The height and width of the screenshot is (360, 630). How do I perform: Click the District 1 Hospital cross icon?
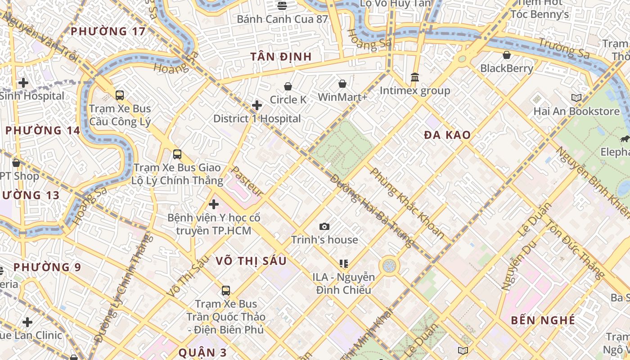257,105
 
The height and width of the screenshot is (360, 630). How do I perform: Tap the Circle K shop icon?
288,86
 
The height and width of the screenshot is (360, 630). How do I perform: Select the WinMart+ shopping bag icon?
342,84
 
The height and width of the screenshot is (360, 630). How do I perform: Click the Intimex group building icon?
415,77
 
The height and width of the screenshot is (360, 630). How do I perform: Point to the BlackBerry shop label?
507,68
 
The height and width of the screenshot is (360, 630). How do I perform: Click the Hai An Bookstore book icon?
576,98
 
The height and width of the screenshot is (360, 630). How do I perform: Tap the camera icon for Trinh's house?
324,226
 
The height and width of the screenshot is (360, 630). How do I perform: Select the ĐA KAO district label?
447,135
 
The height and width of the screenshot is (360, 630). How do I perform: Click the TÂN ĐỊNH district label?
281,57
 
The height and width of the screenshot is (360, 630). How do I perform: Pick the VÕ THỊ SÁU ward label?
251,261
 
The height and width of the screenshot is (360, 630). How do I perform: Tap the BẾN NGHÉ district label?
543,320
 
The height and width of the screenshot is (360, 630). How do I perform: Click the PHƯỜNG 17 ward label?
108,31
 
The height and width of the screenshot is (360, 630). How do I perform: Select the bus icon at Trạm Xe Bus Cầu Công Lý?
120,95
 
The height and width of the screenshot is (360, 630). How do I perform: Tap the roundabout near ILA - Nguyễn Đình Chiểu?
389,265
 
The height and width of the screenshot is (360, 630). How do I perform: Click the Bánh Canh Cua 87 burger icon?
282,6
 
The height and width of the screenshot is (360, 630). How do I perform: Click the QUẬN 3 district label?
202,352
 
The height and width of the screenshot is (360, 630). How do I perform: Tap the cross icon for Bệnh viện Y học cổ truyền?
214,204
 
